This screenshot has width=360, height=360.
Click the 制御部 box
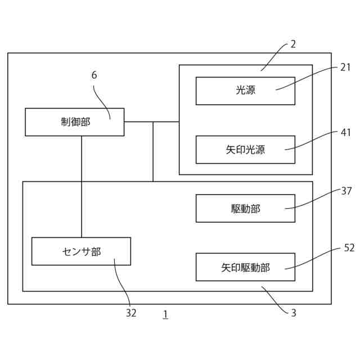coord(74,122)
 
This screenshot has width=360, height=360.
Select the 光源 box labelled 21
coord(245,91)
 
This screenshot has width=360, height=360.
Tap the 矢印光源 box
coord(245,150)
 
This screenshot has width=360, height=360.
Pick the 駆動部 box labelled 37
coord(245,209)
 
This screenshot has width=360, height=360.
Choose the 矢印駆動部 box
coord(245,267)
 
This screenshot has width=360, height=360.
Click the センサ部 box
coord(81,251)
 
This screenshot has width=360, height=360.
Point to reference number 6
coord(94,75)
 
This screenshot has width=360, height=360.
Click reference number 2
coord(293,44)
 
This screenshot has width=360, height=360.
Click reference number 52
coord(349,247)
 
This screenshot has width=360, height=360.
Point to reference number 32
coord(131,313)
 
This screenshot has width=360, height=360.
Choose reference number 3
coord(293,313)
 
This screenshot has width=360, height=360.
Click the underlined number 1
coord(165,314)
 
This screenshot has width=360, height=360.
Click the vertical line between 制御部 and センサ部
coord(82,186)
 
